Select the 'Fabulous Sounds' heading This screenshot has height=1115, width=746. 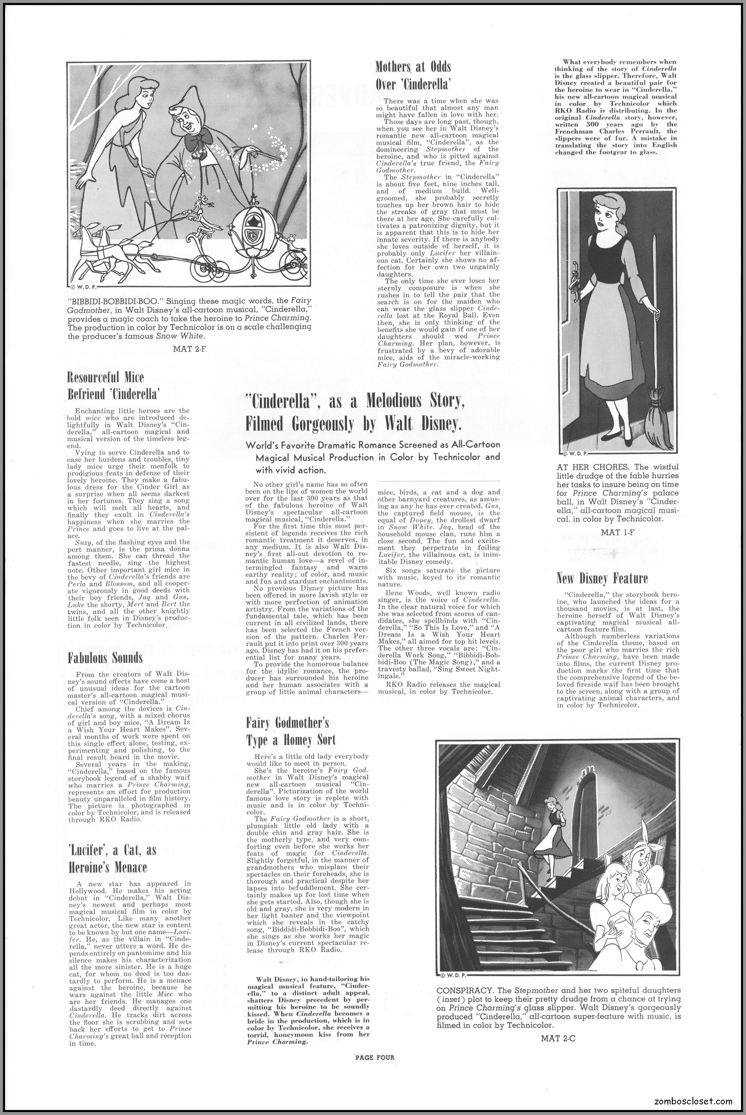[105, 658]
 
